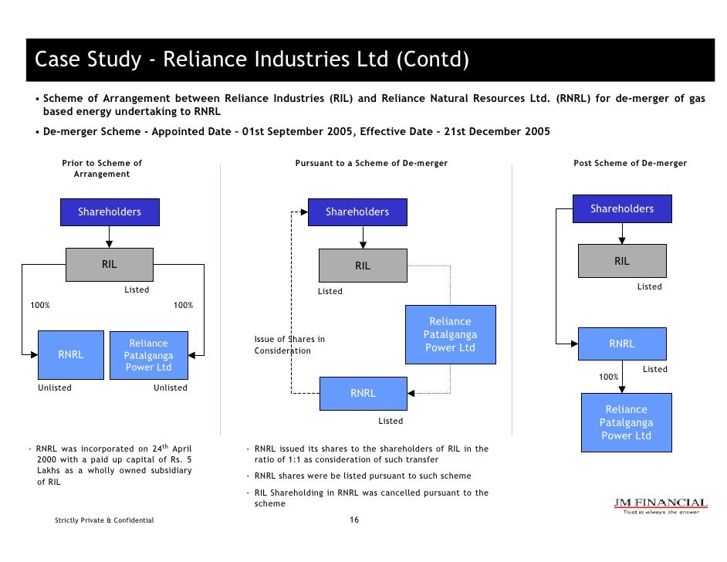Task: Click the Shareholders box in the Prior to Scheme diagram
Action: [110, 212]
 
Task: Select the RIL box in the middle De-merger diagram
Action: [362, 266]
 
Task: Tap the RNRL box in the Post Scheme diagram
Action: [621, 344]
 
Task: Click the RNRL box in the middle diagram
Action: [363, 393]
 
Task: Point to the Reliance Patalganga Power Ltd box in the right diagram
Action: [626, 422]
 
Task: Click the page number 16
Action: [354, 520]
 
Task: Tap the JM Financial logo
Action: [660, 506]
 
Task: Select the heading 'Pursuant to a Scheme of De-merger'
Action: [371, 164]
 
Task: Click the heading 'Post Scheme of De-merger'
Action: [630, 164]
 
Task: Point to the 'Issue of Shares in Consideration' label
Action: [289, 345]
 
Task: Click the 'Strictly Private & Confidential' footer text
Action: [104, 520]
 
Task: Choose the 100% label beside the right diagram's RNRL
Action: [609, 377]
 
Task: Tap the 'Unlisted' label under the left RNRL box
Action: [55, 388]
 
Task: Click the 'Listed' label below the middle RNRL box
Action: [390, 421]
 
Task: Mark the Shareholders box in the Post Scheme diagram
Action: [621, 208]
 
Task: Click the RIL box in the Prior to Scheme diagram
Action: [109, 264]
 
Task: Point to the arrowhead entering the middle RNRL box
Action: [411, 393]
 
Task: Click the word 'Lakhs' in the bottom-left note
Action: [50, 471]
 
